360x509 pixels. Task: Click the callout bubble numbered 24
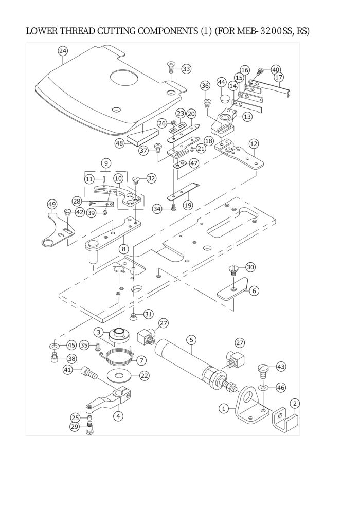tap(63, 51)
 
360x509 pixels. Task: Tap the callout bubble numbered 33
tap(186, 68)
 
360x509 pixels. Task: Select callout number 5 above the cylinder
tap(191, 340)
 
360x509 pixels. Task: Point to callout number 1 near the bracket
tap(224, 409)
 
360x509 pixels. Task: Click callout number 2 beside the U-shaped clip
tap(294, 403)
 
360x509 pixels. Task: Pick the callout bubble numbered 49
tap(51, 204)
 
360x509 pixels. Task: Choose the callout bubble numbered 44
tap(222, 82)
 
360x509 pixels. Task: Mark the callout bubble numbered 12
tap(254, 143)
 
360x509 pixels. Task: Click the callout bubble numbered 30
tap(250, 267)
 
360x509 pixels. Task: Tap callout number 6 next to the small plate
tap(254, 290)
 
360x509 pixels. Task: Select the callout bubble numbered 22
tap(145, 376)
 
